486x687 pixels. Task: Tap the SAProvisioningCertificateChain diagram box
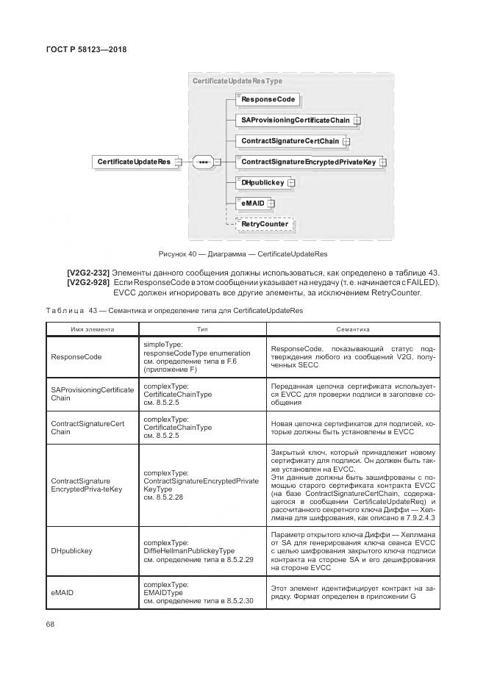(296, 120)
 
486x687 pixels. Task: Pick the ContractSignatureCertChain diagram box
(290, 140)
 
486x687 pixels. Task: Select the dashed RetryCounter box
(264, 224)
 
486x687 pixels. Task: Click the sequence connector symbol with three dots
(204, 162)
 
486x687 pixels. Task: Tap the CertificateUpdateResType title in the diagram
(237, 81)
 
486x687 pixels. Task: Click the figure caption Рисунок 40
(243, 254)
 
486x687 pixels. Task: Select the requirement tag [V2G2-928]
(89, 283)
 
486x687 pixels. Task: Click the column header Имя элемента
(90, 330)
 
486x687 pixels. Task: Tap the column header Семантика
(352, 330)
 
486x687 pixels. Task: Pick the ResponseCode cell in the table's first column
(76, 357)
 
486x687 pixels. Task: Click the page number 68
(51, 625)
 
